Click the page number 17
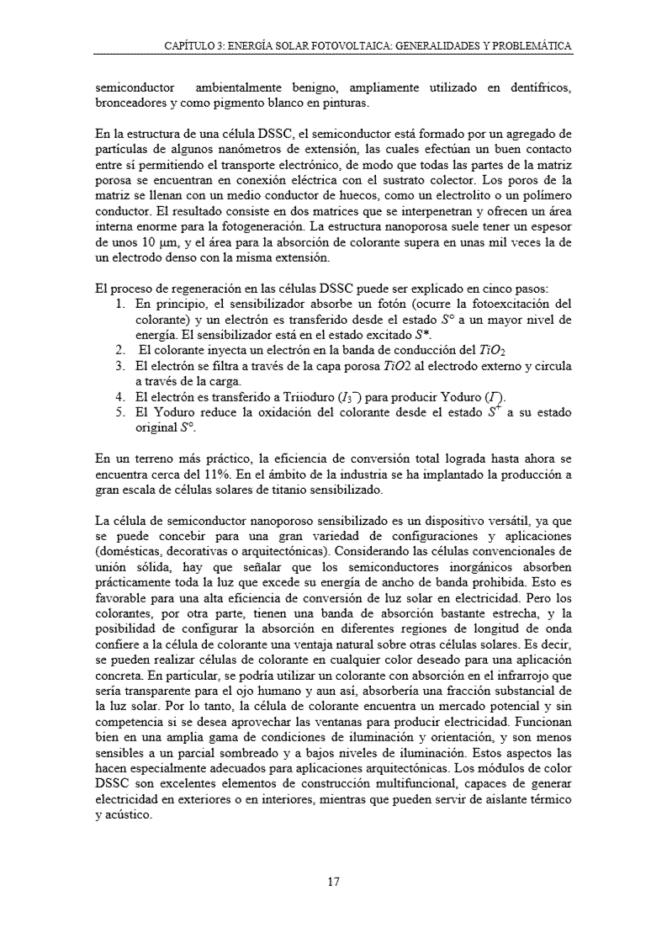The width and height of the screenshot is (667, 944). point(333,882)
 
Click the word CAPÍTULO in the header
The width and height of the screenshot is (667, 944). point(188,45)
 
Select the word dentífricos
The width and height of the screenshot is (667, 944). point(543,88)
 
